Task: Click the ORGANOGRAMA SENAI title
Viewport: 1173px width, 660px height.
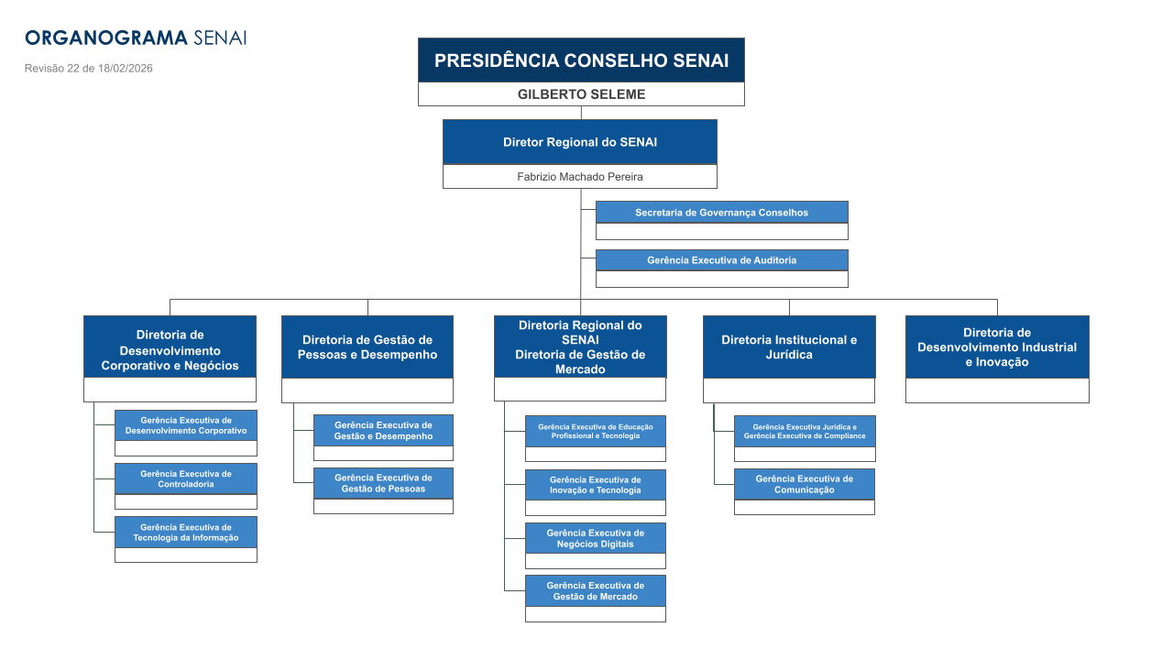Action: point(136,38)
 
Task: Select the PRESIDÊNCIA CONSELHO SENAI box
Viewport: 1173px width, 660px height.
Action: point(581,60)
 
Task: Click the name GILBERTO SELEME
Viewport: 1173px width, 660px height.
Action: point(581,94)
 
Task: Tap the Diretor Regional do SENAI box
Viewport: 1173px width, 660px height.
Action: point(579,142)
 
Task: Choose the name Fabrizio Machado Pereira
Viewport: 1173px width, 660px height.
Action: point(579,177)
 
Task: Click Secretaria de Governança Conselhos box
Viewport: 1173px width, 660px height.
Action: point(721,213)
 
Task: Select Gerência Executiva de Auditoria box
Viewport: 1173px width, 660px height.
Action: point(721,260)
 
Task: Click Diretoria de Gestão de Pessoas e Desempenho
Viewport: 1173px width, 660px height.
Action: point(367,347)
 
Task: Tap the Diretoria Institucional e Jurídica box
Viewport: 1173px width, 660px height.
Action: point(789,346)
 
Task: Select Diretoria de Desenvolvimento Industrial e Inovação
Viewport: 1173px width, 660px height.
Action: point(997,346)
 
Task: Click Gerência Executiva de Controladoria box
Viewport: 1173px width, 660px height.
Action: point(186,478)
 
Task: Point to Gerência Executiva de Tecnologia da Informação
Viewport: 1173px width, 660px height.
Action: point(186,533)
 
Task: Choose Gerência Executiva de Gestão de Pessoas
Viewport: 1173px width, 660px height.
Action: point(383,483)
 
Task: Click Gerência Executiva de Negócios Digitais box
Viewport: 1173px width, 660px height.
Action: point(595,538)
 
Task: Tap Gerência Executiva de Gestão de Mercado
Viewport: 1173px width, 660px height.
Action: point(595,591)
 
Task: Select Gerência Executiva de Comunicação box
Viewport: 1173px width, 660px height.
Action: point(804,484)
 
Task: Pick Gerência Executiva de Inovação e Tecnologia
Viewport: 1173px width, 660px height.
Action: point(595,485)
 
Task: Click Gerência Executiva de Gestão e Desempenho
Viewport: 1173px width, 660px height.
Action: point(383,431)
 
